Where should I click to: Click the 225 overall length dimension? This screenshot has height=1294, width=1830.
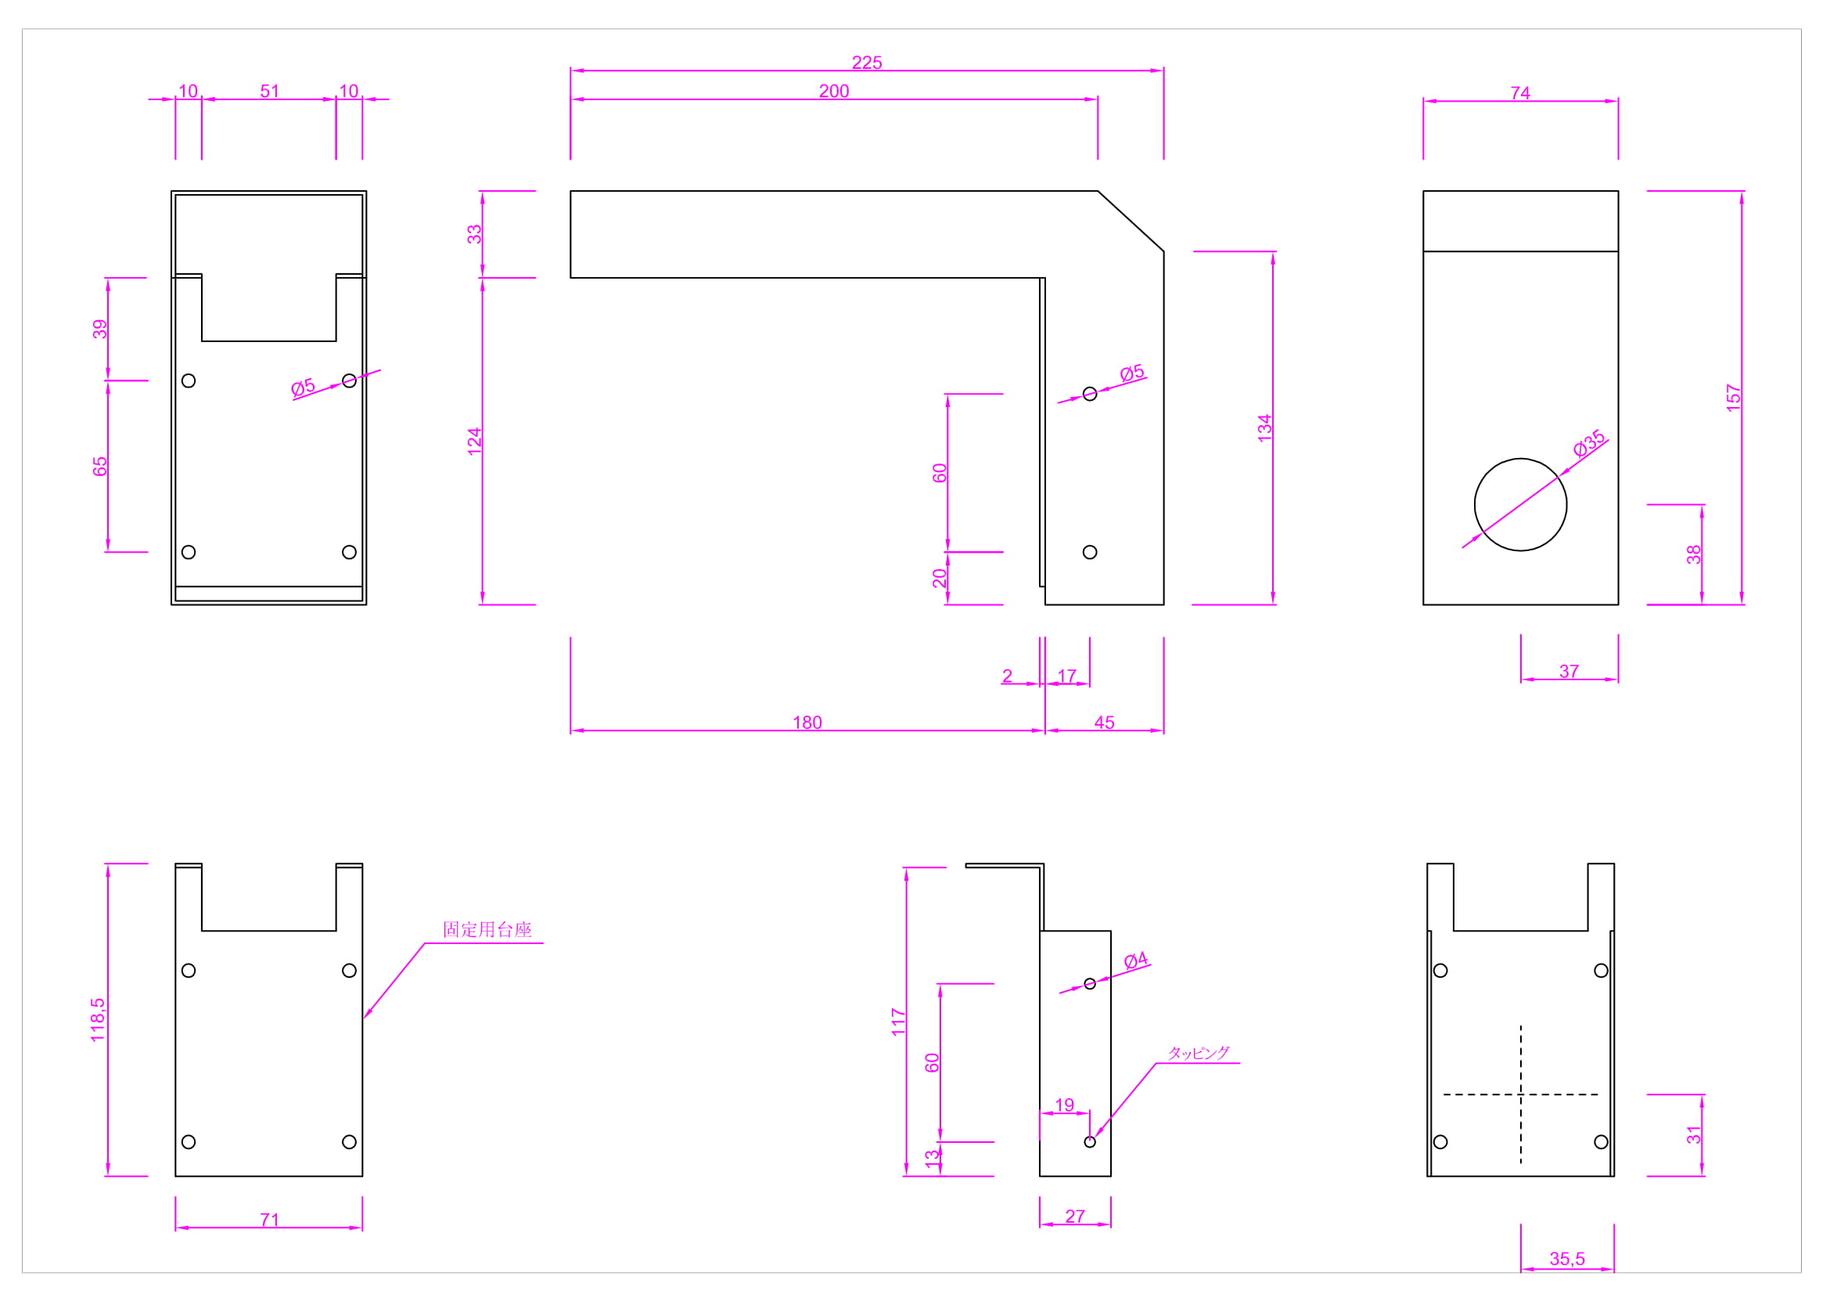pos(866,62)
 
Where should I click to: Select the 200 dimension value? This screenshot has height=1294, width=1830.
pos(834,91)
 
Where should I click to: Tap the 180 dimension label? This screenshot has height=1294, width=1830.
pos(807,723)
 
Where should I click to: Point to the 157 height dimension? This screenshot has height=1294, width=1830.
pos(1733,398)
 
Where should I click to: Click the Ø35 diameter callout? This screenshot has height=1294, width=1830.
pos(1589,442)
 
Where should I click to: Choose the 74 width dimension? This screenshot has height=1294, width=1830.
pos(1520,92)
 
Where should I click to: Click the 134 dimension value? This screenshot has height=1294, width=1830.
pos(1264,428)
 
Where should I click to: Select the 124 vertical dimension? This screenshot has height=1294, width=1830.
pos(474,442)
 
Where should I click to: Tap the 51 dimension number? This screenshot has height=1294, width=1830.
pos(269,91)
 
